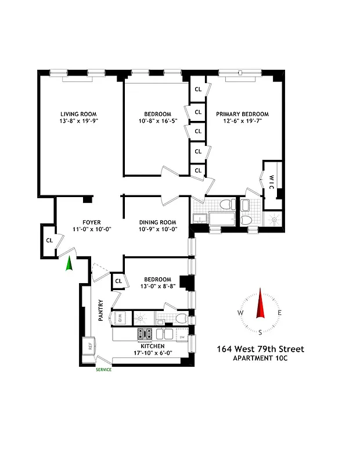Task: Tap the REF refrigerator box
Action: coord(90,345)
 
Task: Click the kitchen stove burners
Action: coord(145,334)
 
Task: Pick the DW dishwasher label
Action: coord(182,337)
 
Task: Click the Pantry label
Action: coord(101,310)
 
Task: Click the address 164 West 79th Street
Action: coord(260,349)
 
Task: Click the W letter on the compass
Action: coord(240,313)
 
